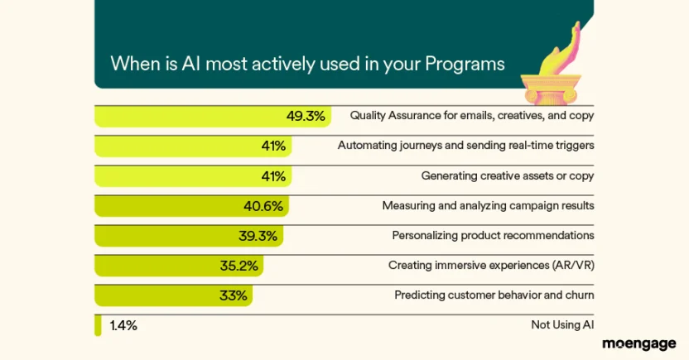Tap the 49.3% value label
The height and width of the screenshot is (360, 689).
tap(306, 116)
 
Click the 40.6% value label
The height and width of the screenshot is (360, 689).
tap(268, 206)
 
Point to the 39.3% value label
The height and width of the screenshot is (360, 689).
tap(258, 236)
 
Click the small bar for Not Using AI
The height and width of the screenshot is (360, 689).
tap(98, 325)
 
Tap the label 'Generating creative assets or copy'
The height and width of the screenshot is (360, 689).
tap(508, 175)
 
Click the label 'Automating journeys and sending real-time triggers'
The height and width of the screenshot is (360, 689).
tap(466, 146)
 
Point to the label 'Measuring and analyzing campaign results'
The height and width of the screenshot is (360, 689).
tap(488, 206)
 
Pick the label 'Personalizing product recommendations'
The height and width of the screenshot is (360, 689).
tap(493, 236)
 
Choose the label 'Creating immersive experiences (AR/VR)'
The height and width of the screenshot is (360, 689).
tap(491, 266)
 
